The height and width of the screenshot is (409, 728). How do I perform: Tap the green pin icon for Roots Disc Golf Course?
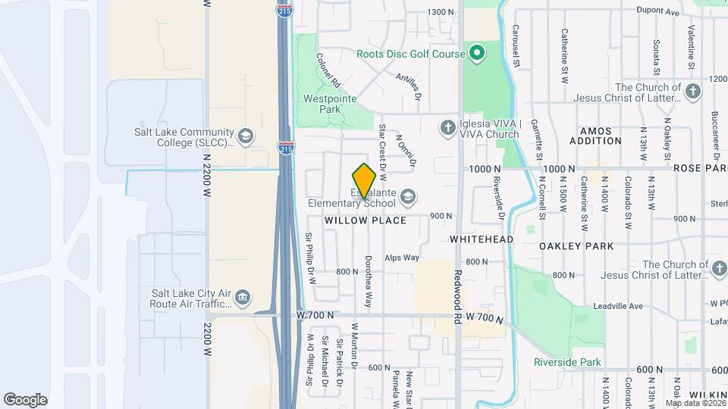[476, 54]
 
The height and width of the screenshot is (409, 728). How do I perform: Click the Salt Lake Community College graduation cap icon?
[245, 136]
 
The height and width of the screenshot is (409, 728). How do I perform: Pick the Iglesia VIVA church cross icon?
[448, 127]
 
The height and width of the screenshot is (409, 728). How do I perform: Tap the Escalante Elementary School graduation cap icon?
[408, 198]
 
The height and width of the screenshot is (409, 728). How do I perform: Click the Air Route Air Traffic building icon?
[243, 296]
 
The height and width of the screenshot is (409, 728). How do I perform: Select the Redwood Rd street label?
[458, 298]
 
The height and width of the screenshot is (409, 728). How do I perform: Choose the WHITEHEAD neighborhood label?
[482, 239]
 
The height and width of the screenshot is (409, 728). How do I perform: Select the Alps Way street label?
[401, 258]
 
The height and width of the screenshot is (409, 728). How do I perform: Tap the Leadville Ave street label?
[620, 306]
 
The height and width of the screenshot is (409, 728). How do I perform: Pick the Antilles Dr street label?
[408, 86]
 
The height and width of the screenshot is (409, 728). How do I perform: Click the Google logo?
[25, 399]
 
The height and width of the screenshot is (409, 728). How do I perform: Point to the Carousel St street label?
[515, 46]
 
